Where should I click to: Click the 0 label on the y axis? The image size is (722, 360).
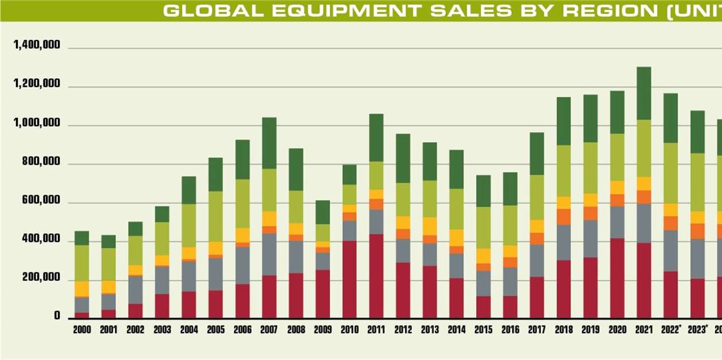tap(57, 316)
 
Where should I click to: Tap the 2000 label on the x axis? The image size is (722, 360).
tap(82, 330)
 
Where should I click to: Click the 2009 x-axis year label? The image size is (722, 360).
tap(323, 330)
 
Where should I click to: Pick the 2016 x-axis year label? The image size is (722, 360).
tap(510, 330)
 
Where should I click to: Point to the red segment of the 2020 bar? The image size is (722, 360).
tap(617, 278)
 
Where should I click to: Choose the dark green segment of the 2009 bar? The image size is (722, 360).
tap(323, 212)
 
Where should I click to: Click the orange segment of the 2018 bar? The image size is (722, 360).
tap(564, 217)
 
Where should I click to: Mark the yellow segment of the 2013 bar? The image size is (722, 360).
tap(430, 226)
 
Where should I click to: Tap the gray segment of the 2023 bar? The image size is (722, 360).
tap(698, 259)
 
